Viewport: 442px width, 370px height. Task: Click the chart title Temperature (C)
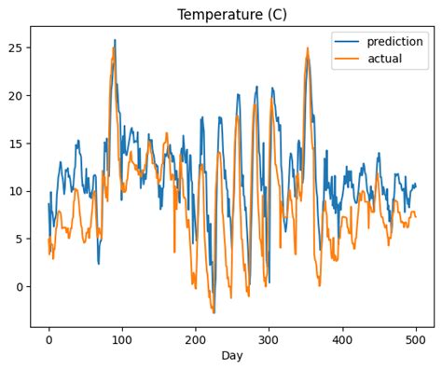point(233,15)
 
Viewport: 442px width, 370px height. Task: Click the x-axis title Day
point(233,357)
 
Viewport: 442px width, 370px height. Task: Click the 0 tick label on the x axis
point(48,340)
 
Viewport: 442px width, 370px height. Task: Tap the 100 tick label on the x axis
point(122,340)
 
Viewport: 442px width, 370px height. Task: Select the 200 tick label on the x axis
point(196,340)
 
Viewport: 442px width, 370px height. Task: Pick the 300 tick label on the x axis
point(269,340)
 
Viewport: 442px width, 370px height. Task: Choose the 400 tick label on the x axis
point(342,340)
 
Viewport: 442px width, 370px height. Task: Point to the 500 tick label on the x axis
point(416,340)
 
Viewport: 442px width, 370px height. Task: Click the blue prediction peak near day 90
point(115,41)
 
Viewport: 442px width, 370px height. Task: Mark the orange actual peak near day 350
point(307,48)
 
